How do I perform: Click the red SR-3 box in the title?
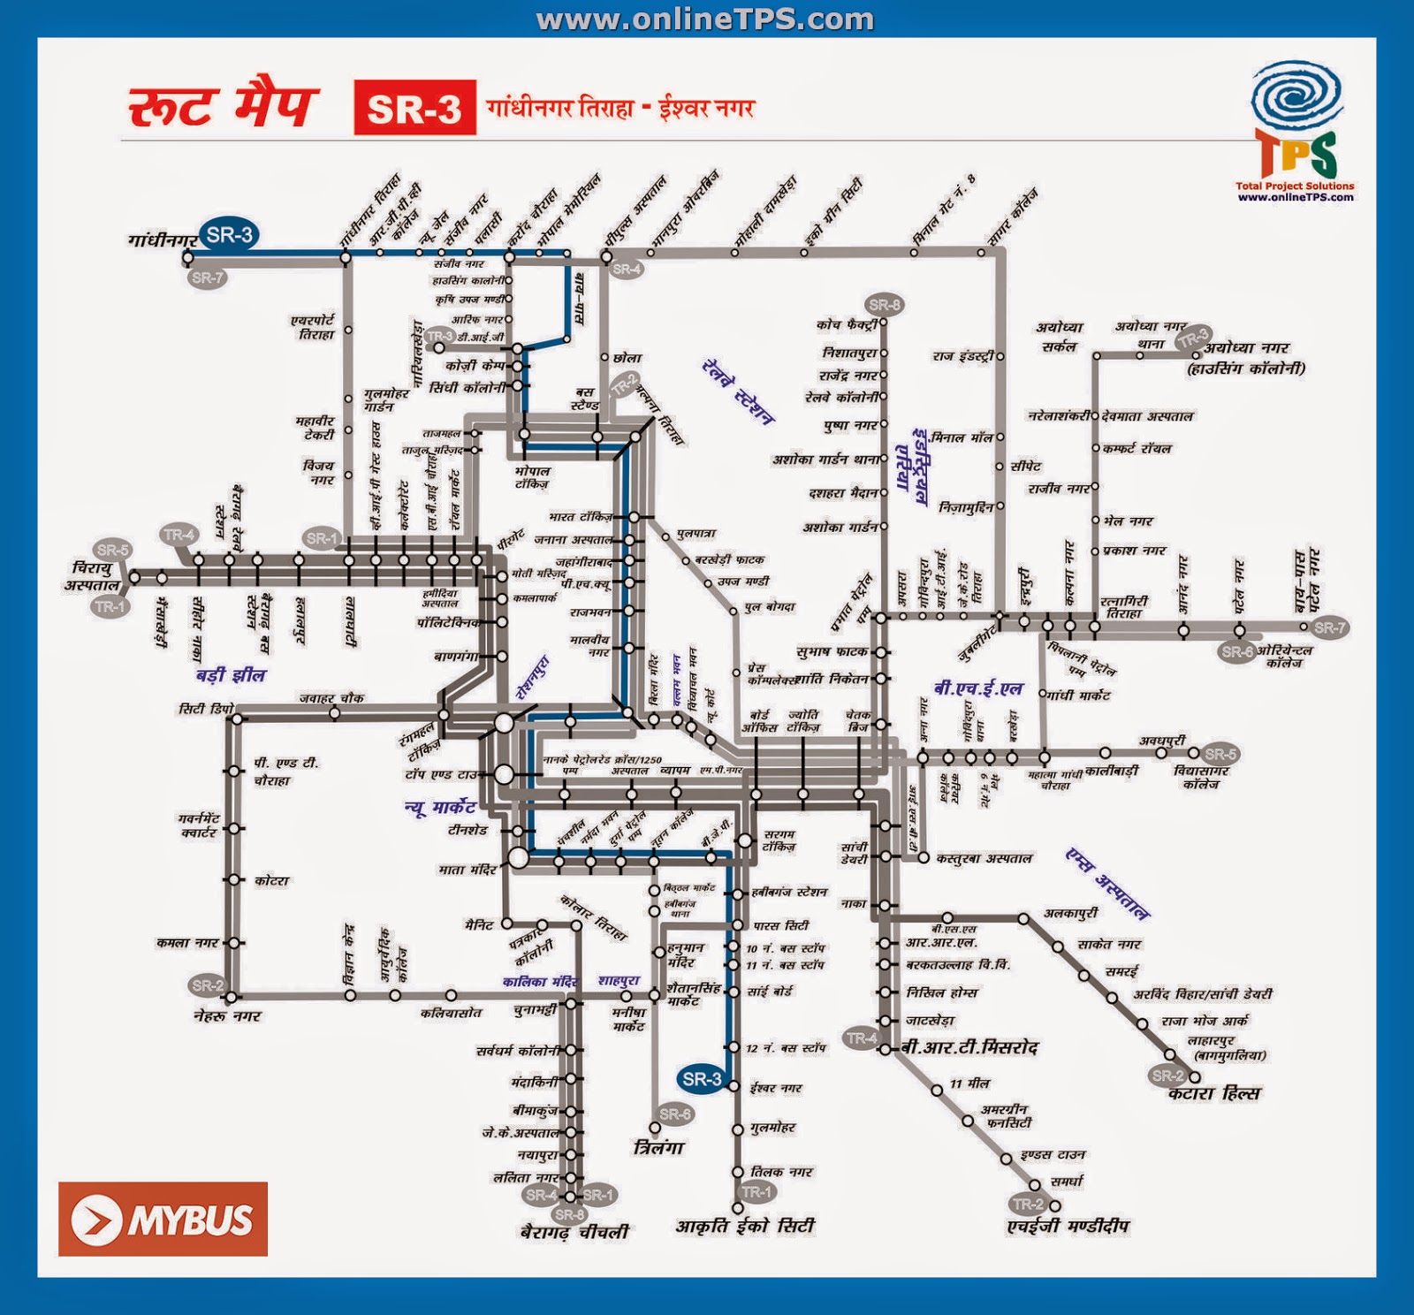click(x=414, y=108)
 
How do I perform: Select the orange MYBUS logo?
click(x=163, y=1220)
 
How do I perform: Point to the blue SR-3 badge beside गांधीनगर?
click(x=229, y=235)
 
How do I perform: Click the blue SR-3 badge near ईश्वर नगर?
click(x=702, y=1079)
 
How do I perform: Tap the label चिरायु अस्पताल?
click(x=91, y=576)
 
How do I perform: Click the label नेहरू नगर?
click(x=227, y=1016)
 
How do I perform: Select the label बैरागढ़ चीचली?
click(x=574, y=1231)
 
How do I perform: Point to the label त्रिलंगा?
click(x=659, y=1148)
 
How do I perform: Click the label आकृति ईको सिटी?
click(x=745, y=1227)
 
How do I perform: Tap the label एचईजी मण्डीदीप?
click(x=1068, y=1227)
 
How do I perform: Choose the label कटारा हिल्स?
click(x=1214, y=1094)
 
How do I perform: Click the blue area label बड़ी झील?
click(x=231, y=675)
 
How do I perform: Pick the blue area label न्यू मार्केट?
click(x=440, y=807)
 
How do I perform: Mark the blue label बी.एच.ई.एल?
click(x=978, y=688)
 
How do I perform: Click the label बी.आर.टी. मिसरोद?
click(x=969, y=1048)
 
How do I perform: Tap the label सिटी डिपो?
click(x=206, y=709)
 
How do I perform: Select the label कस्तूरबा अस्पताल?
click(x=984, y=858)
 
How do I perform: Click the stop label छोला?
click(x=627, y=358)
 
